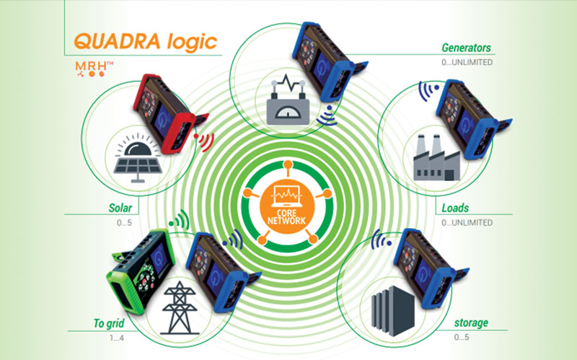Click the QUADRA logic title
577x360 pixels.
(146, 42)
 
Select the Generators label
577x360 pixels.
(466, 48)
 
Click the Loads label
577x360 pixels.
(455, 208)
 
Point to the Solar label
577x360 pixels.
(120, 208)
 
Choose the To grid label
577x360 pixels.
(109, 323)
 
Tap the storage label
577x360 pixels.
(472, 322)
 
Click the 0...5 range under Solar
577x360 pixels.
(124, 223)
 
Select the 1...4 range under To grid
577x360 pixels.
(117, 338)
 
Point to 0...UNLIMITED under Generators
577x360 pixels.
(467, 62)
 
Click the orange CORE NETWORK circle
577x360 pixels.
(287, 206)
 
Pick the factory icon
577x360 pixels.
(436, 157)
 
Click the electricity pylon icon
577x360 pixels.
(179, 308)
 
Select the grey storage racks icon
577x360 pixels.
(392, 310)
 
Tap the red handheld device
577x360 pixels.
(167, 112)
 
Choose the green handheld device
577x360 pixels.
(141, 271)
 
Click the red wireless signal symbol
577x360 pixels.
(205, 141)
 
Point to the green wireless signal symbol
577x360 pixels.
(179, 221)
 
